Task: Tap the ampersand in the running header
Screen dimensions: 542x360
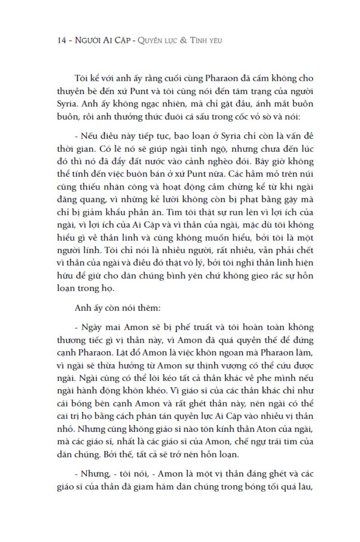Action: tap(182, 41)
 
